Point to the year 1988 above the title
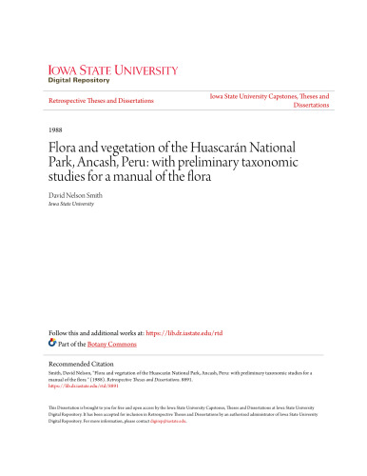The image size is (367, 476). coord(52,129)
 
